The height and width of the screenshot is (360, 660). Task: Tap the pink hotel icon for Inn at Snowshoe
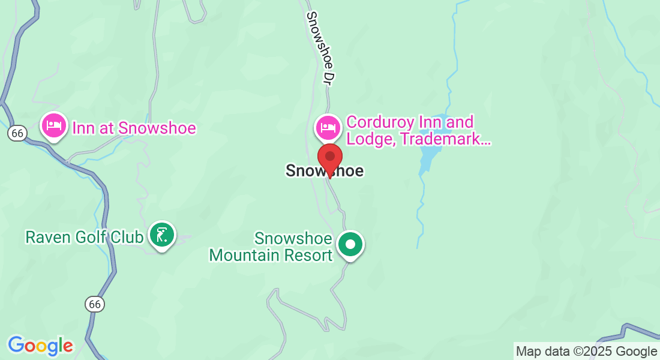tap(53, 126)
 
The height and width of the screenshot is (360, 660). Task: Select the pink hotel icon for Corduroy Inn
tap(328, 127)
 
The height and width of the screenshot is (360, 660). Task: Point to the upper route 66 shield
tap(17, 133)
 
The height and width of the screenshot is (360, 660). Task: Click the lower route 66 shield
tap(94, 304)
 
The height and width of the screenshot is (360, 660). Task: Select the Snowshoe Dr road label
tap(320, 48)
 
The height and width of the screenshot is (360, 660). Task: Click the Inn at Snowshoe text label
tap(134, 128)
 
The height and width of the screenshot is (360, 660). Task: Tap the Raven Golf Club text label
tap(84, 237)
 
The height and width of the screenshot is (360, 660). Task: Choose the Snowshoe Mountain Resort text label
tap(271, 247)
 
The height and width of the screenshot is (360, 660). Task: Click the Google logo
tap(40, 346)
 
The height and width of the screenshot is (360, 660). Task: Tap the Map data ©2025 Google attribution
tap(586, 351)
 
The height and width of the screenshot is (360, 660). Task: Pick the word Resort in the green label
tap(310, 255)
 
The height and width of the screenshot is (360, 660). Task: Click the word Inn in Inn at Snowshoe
tap(82, 128)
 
